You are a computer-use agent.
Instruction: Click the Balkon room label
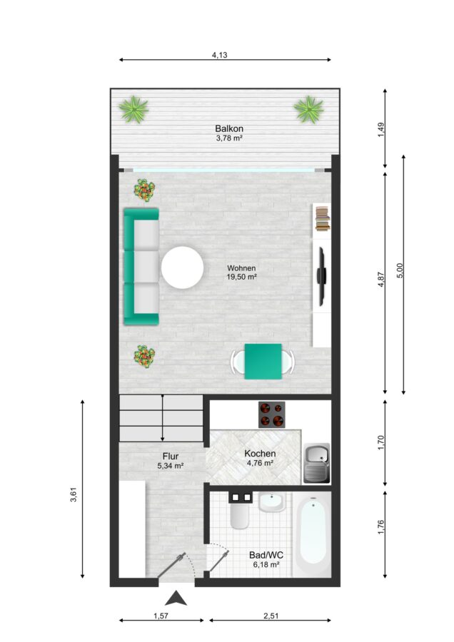point(229,128)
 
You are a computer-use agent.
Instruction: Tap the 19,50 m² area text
point(242,277)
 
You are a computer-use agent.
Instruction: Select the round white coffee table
point(182,267)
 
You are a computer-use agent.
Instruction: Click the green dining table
point(263,362)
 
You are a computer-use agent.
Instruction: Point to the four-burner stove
point(272,414)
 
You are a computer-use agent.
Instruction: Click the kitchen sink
point(317,463)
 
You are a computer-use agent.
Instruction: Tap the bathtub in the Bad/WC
point(313,534)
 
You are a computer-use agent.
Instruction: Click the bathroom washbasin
point(272,502)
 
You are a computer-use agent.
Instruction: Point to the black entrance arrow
point(176,598)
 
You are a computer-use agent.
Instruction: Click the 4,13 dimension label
point(220,55)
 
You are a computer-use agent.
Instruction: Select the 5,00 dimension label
point(400,270)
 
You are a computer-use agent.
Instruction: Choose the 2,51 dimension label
point(271,616)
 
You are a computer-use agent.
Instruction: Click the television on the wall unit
point(322,276)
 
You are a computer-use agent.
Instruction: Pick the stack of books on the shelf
point(323,219)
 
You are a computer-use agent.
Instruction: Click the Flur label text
point(171,456)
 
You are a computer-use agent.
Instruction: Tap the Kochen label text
point(260,454)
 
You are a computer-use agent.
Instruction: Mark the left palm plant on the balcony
point(133,109)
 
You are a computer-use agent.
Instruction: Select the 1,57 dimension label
point(161,616)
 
